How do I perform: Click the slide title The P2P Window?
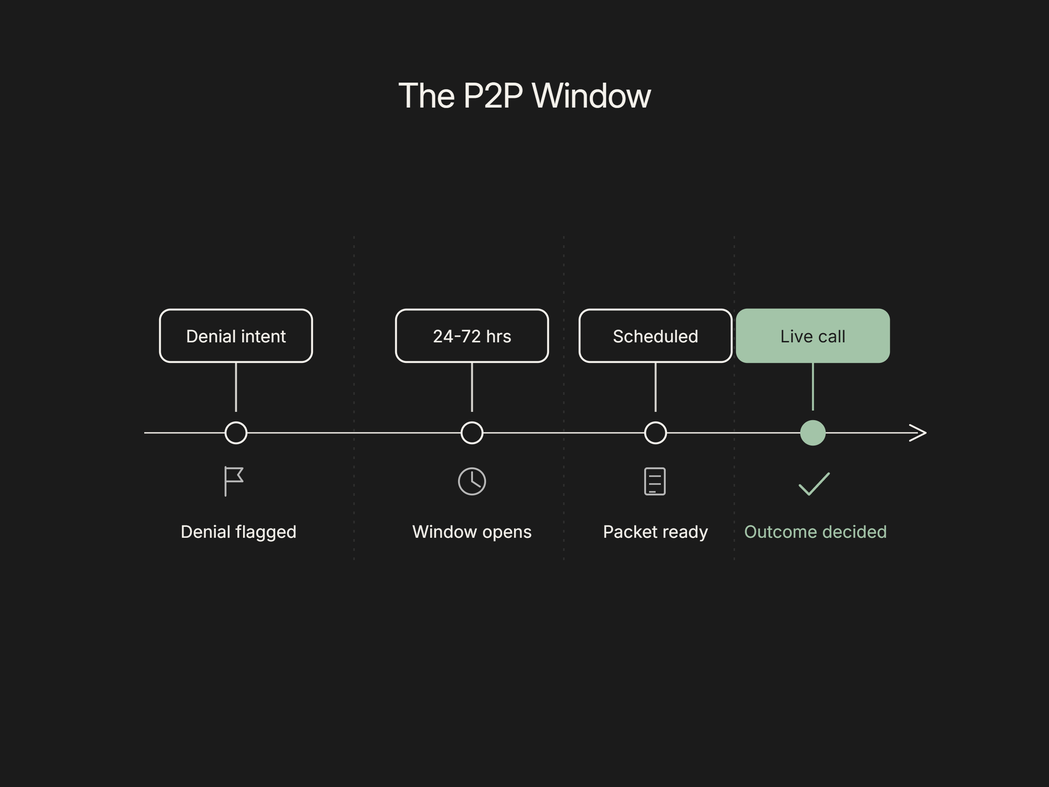coord(524,96)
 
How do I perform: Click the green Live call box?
coord(813,336)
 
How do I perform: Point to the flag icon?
coord(226,481)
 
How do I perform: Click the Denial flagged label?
coord(239,532)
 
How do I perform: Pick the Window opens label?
coord(472,532)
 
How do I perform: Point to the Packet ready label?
coord(655,532)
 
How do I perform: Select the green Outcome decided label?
coord(815,532)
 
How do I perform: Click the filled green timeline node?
coord(813,433)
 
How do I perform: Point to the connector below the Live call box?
coord(813,387)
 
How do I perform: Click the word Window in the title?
coord(591,96)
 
